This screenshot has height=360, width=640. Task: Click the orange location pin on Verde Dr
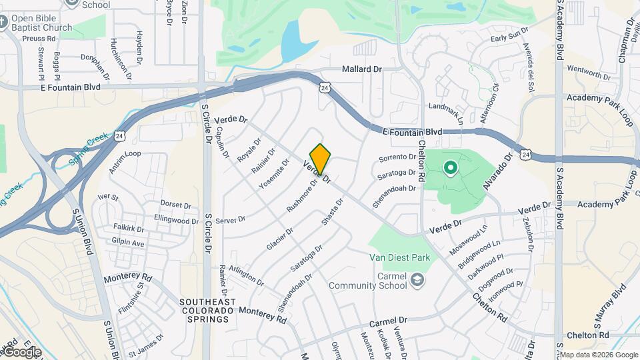pos(320,159)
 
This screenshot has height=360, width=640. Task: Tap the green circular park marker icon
pos(450,168)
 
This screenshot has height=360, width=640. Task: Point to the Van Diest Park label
pos(400,257)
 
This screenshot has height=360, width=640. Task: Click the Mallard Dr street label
pos(361,69)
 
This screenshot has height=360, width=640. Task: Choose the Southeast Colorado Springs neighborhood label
pos(207,311)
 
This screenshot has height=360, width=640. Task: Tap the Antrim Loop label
pos(125,163)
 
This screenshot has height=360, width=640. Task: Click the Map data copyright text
pos(598,355)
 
